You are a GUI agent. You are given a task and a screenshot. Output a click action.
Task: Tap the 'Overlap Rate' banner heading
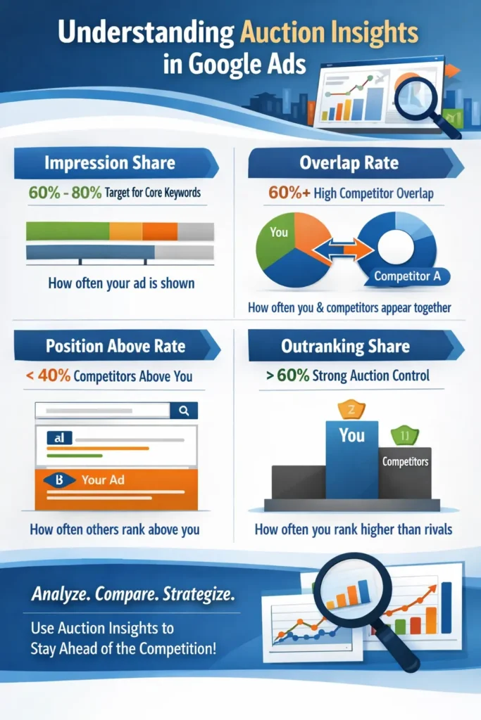(x=349, y=164)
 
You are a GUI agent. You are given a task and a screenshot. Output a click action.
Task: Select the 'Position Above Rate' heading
(x=115, y=347)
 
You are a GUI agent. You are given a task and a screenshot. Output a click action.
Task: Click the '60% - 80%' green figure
(x=64, y=191)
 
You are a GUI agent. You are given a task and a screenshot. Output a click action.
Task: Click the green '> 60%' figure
(x=287, y=376)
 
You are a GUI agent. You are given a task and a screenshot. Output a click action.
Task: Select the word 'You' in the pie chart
(x=279, y=231)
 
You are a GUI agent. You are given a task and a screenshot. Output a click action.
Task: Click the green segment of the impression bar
(x=67, y=231)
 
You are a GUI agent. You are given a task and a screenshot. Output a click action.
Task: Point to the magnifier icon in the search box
(x=184, y=411)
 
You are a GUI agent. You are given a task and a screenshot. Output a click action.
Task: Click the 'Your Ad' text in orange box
(x=103, y=480)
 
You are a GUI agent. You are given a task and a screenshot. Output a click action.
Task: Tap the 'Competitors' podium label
(x=405, y=462)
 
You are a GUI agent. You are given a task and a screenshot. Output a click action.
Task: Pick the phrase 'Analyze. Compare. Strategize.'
(x=133, y=594)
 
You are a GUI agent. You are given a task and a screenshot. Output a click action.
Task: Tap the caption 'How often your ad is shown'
(x=121, y=284)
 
